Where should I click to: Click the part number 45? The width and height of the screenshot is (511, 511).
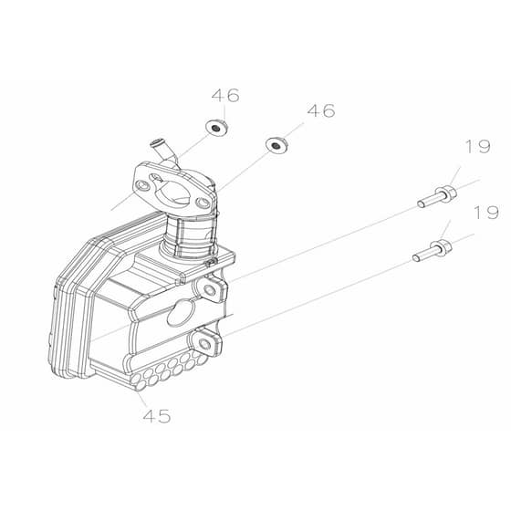click(x=157, y=416)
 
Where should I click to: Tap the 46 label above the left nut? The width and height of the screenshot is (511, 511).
click(x=225, y=95)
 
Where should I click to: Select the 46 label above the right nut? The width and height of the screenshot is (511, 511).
click(x=321, y=110)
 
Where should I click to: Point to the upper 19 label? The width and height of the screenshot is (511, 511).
click(x=478, y=146)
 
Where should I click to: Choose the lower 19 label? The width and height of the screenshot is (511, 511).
click(x=486, y=212)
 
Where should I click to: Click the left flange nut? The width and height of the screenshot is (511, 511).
click(x=216, y=128)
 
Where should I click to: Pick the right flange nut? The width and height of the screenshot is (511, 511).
click(x=277, y=145)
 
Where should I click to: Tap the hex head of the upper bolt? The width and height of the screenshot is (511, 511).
click(x=447, y=193)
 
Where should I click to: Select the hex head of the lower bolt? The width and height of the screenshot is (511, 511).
click(x=441, y=248)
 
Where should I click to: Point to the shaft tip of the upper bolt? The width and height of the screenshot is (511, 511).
click(x=422, y=204)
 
